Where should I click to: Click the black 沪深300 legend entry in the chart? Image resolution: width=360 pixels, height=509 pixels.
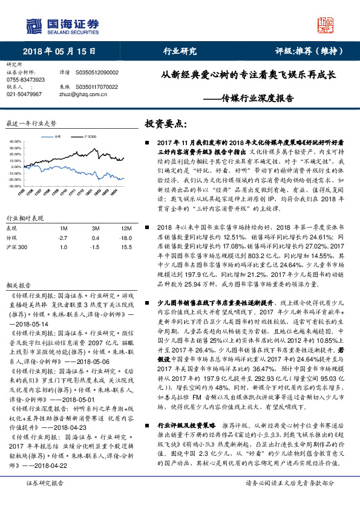point(85,137)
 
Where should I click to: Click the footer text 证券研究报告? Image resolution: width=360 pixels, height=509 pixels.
point(45,500)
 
